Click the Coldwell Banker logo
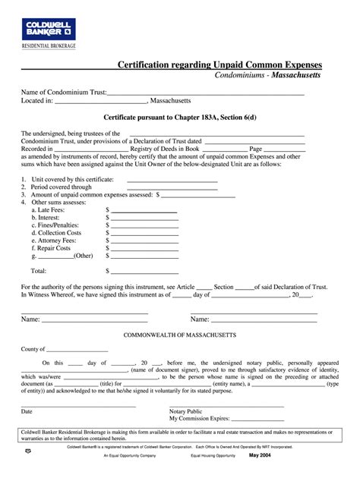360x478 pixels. [45, 28]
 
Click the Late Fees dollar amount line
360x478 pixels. [144, 211]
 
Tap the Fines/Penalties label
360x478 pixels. [55, 225]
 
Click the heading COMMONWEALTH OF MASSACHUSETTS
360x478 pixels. [179, 335]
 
